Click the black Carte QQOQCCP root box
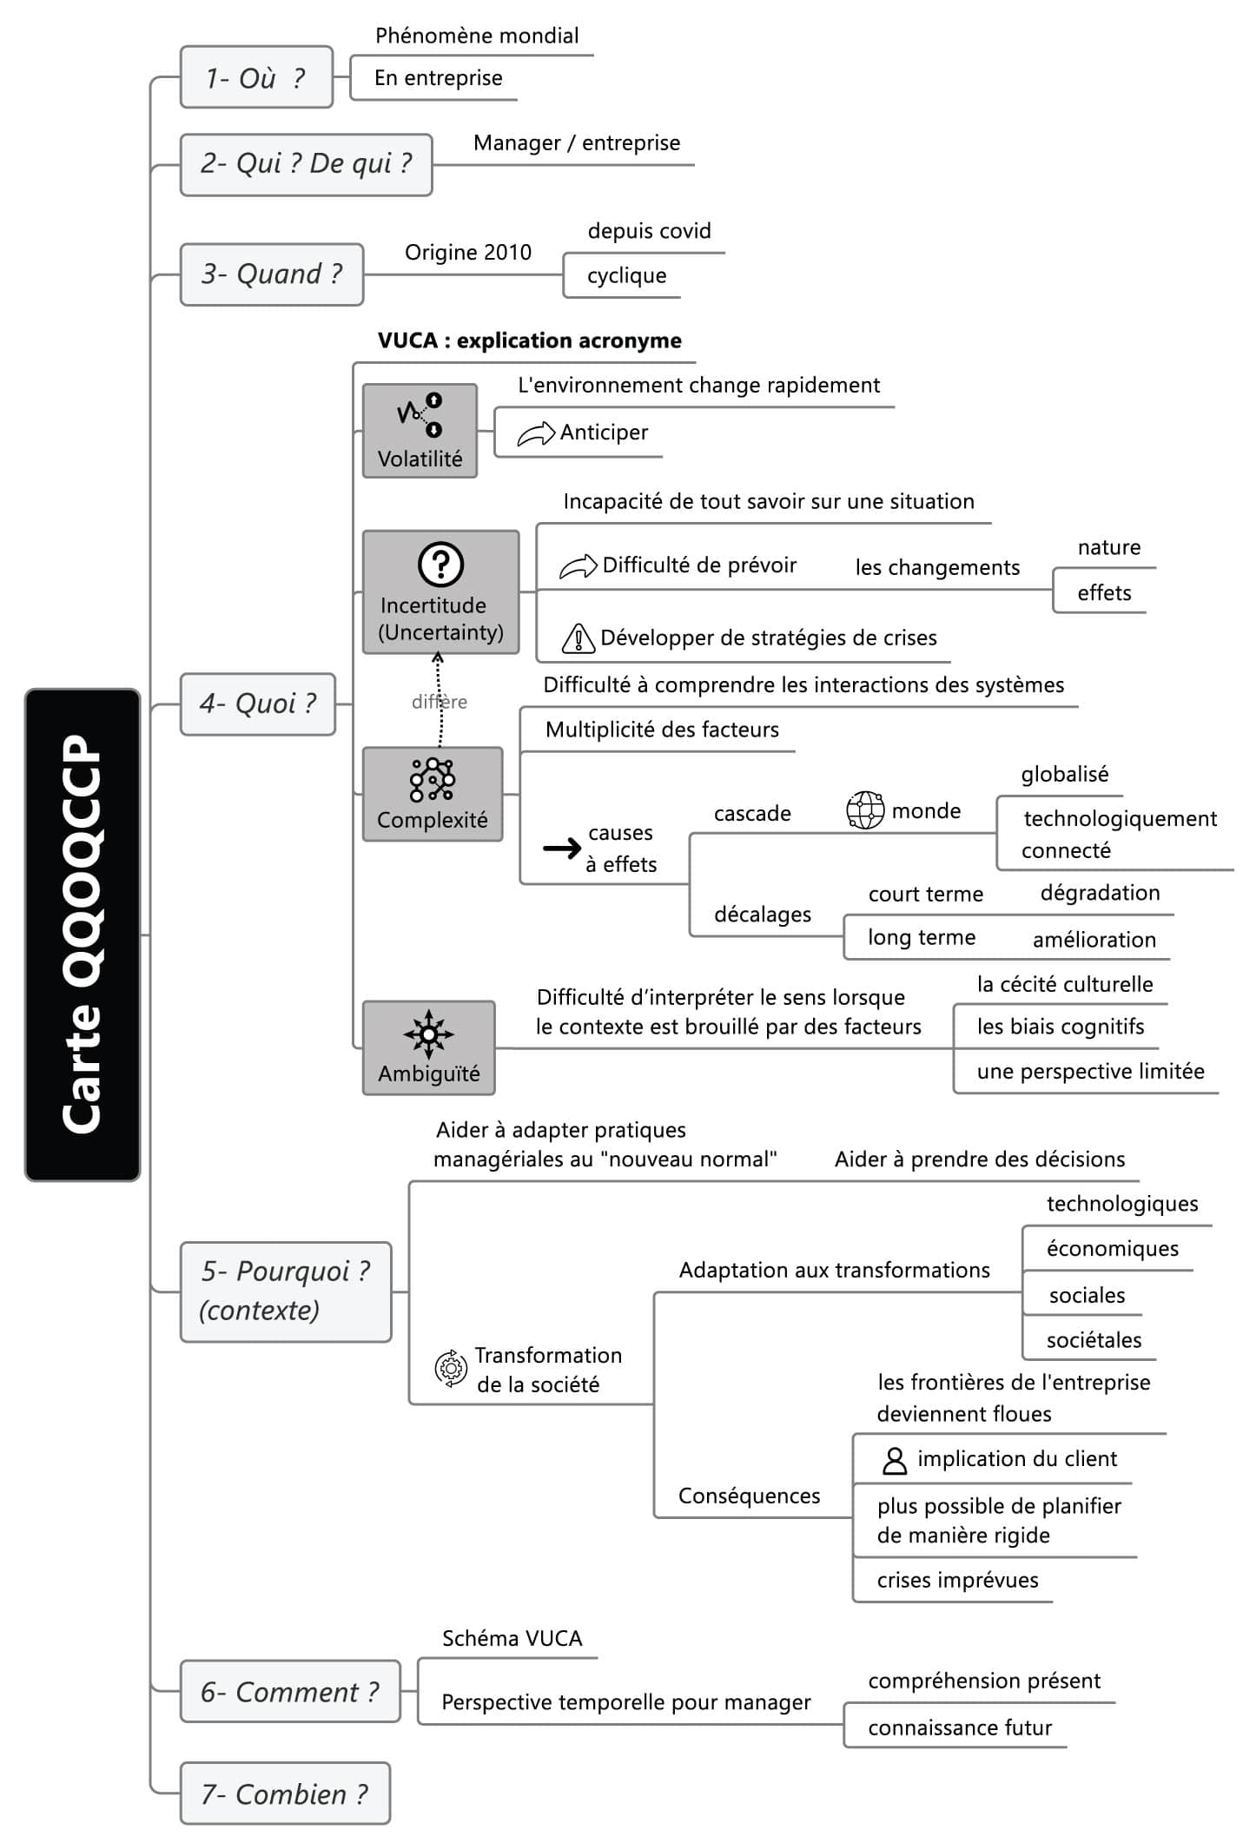click(x=83, y=935)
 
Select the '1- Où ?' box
click(x=256, y=77)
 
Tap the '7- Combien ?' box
click(x=285, y=1793)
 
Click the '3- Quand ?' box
click(x=271, y=274)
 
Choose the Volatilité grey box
click(x=420, y=431)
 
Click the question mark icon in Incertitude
click(x=440, y=564)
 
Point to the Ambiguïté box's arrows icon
click(x=428, y=1034)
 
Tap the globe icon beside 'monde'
click(x=865, y=809)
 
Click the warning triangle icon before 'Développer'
click(x=578, y=638)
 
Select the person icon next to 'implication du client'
click(x=894, y=1460)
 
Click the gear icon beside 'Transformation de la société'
click(x=451, y=1368)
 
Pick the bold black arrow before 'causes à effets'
click(x=562, y=848)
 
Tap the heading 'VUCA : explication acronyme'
click(x=529, y=340)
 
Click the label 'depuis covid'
click(x=649, y=231)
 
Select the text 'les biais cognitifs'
click(x=1060, y=1027)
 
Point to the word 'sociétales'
click(x=1094, y=1339)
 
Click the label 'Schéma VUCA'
click(x=512, y=1638)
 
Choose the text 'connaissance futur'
click(x=960, y=1727)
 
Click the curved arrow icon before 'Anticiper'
click(x=535, y=433)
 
